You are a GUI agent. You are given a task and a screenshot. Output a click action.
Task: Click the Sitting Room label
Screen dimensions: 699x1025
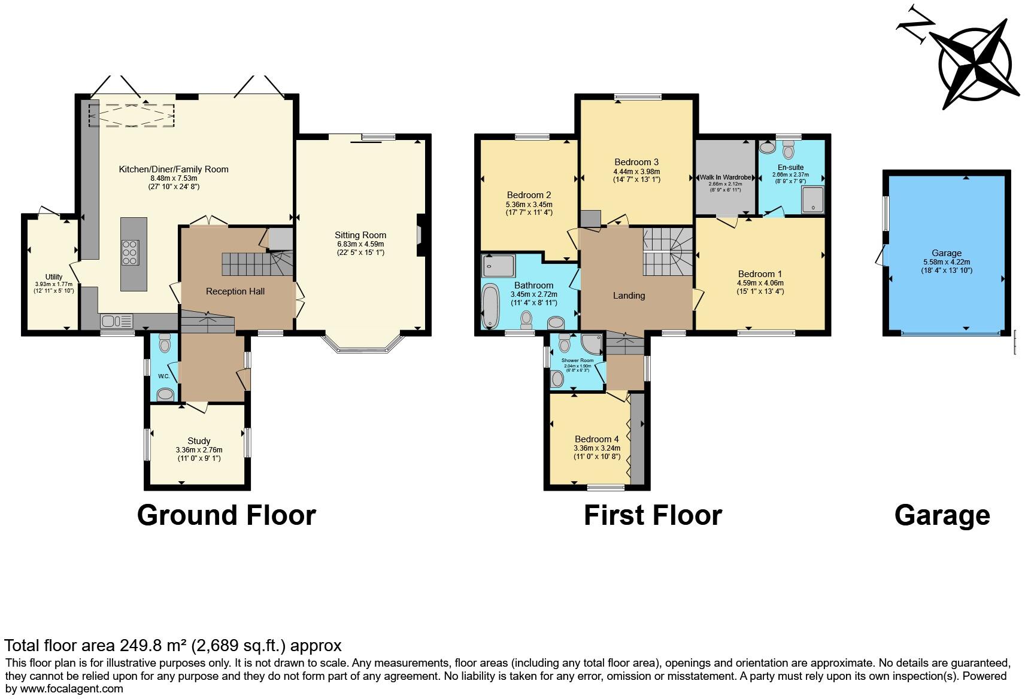point(360,235)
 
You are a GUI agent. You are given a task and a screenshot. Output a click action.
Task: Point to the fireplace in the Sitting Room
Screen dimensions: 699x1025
point(420,235)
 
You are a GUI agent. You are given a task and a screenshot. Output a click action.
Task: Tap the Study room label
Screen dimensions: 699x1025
point(199,441)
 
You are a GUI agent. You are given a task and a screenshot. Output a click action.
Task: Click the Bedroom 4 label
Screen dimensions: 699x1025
point(596,439)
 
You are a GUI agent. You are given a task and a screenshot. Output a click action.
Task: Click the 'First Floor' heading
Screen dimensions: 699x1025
point(653,515)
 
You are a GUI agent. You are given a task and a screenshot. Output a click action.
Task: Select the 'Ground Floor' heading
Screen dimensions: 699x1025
point(226,515)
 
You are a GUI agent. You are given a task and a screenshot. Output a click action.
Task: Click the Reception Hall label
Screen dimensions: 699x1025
point(235,291)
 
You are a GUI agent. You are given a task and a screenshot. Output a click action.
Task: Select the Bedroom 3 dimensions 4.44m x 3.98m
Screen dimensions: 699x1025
point(636,171)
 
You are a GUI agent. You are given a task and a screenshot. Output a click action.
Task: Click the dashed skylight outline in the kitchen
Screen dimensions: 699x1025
point(131,116)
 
